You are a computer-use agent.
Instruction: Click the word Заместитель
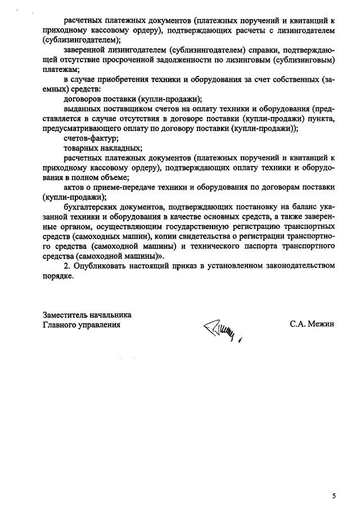(65, 314)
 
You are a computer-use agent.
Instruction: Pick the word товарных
(82, 148)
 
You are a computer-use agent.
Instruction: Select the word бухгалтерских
(91, 208)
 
